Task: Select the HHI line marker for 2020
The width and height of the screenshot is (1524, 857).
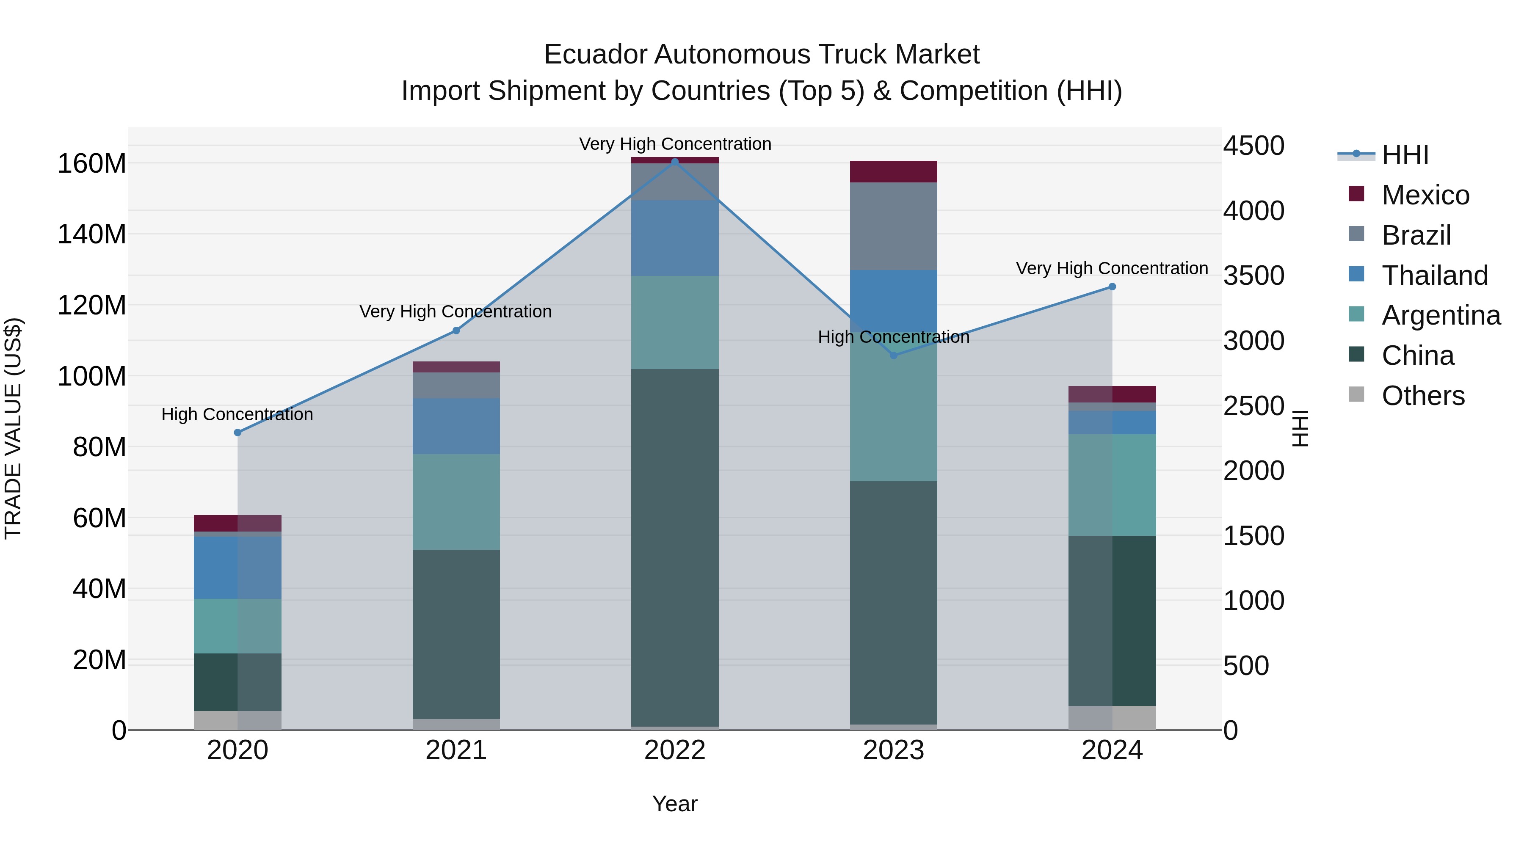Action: pyautogui.click(x=238, y=433)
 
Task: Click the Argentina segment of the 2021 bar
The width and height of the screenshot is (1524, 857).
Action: pyautogui.click(x=456, y=502)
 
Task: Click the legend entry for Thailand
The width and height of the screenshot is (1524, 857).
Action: pyautogui.click(x=1434, y=276)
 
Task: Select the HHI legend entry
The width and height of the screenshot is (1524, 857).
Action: pyautogui.click(x=1405, y=155)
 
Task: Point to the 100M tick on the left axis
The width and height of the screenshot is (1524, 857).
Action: pyautogui.click(x=92, y=376)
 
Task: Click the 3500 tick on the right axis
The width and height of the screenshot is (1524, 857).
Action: pyautogui.click(x=1253, y=276)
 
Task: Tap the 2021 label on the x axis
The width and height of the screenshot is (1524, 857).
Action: pyautogui.click(x=456, y=750)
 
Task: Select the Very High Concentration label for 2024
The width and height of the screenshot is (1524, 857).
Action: pyautogui.click(x=1112, y=268)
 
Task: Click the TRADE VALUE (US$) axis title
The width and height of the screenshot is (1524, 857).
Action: pyautogui.click(x=13, y=428)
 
